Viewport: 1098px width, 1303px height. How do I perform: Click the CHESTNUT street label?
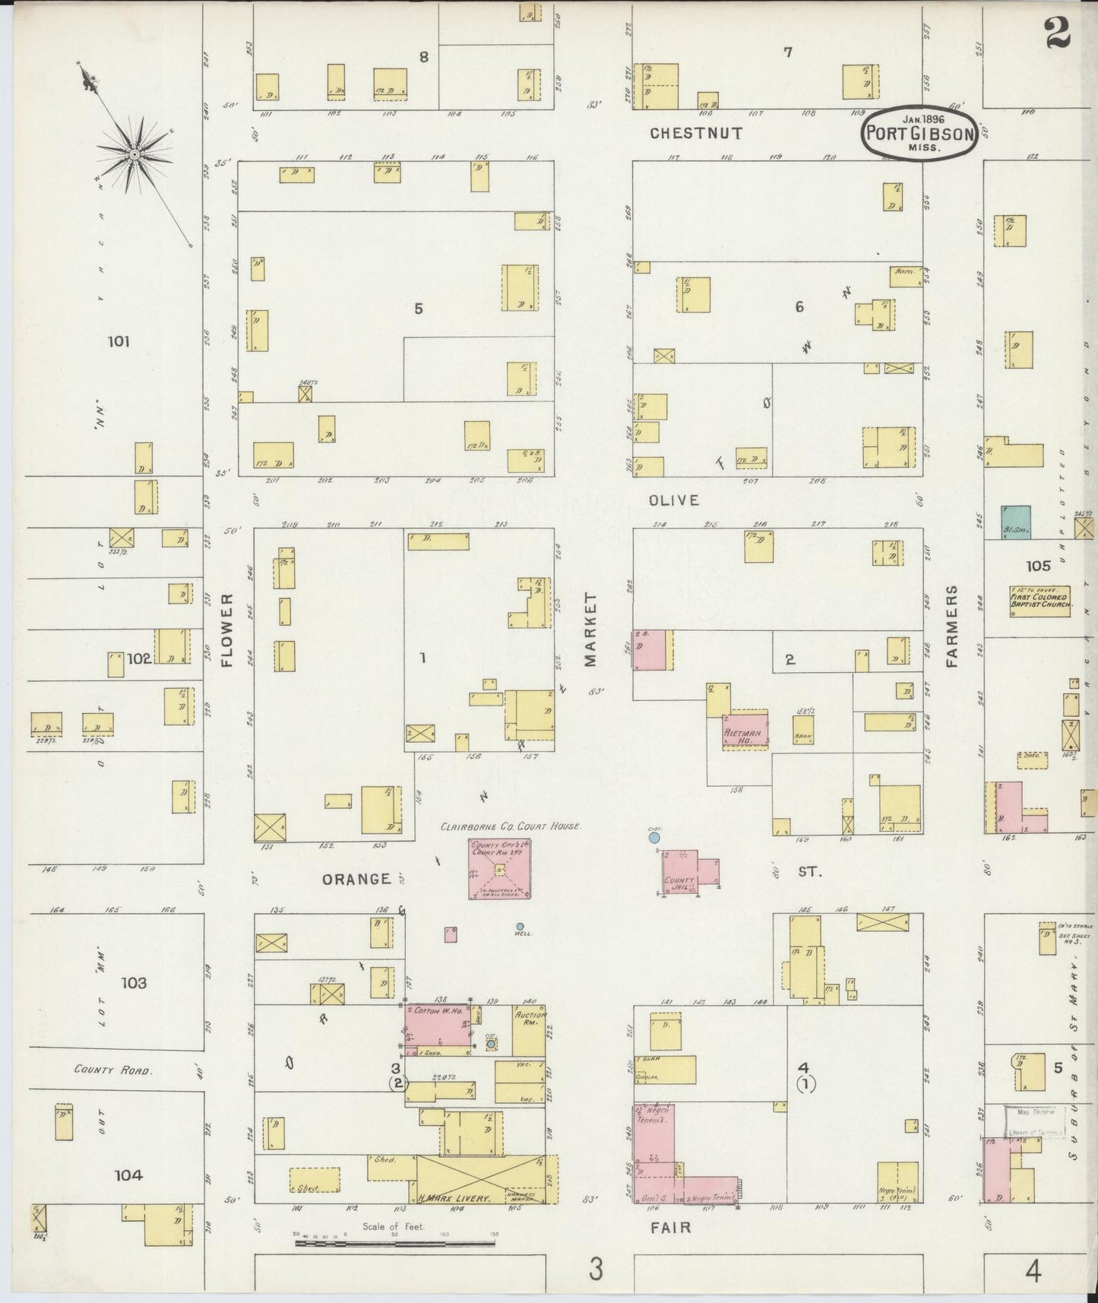[x=696, y=133]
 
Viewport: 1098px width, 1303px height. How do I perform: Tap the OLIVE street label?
[x=673, y=500]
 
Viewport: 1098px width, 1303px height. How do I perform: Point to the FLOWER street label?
[x=226, y=630]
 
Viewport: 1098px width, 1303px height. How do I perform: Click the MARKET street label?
[x=591, y=630]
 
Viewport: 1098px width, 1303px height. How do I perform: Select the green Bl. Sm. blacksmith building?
[x=1015, y=522]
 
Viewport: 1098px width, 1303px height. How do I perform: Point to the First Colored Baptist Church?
[x=1040, y=601]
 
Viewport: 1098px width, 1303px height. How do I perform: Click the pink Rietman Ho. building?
[x=745, y=731]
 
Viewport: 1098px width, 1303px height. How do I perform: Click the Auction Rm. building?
[x=530, y=1028]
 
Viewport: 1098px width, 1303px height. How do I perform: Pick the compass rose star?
[x=134, y=154]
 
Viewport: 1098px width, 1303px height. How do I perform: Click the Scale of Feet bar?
[x=395, y=1244]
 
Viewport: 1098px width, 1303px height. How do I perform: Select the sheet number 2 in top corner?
[x=1057, y=33]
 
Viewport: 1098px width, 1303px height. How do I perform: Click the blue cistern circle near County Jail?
[x=653, y=838]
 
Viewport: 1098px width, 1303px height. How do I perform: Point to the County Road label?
[x=113, y=1069]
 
